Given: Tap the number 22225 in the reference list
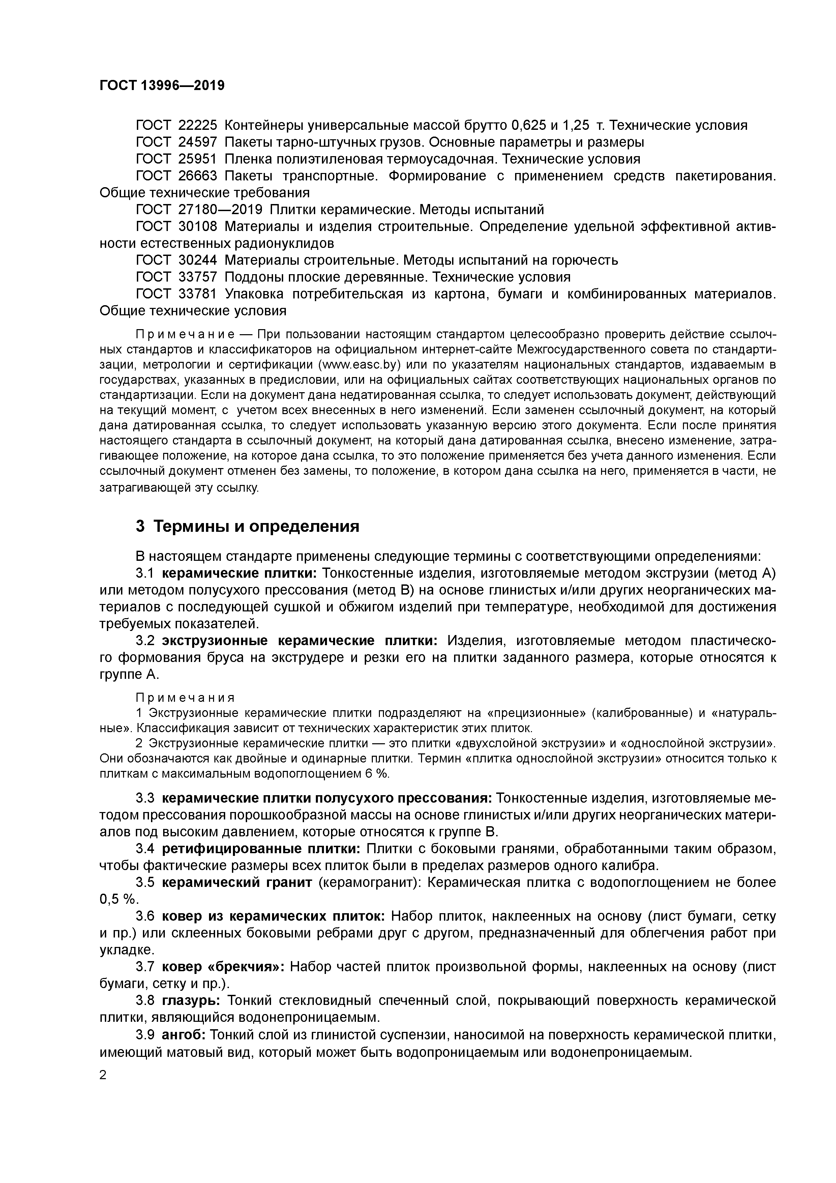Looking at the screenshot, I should pyautogui.click(x=198, y=125).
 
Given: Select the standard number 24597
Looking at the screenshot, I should pyautogui.click(x=198, y=142).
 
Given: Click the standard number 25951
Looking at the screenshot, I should pyautogui.click(x=198, y=159).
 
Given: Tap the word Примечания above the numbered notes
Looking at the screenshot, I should pyautogui.click(x=185, y=698).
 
